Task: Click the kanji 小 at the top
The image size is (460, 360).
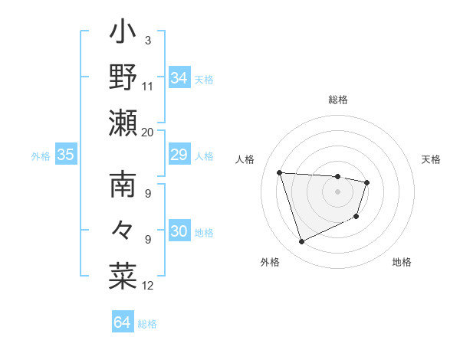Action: click(123, 35)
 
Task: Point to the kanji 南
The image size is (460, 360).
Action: click(123, 186)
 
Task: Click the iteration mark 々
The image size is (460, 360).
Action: click(123, 231)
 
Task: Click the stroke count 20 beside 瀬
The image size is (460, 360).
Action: click(147, 132)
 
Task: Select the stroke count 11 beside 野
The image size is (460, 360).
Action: click(147, 87)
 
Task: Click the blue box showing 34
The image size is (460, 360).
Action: click(179, 77)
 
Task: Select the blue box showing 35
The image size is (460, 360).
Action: click(65, 155)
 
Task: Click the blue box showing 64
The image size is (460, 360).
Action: click(122, 322)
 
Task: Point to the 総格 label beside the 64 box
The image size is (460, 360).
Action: click(147, 324)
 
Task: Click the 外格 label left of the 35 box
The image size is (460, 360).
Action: click(41, 156)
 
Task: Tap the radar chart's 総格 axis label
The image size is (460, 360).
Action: click(338, 100)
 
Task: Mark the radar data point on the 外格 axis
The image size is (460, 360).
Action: click(301, 242)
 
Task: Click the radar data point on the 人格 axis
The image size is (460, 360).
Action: click(280, 172)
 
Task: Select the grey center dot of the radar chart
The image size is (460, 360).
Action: click(338, 191)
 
